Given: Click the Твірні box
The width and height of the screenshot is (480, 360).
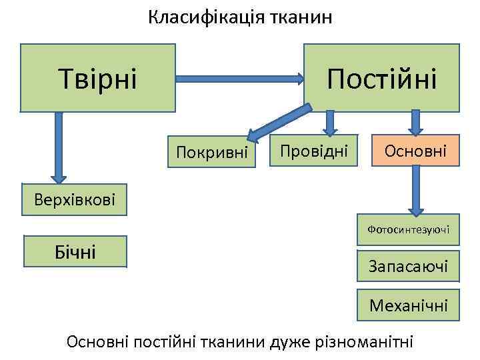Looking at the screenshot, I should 97,77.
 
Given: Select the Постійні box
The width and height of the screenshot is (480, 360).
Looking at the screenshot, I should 382,77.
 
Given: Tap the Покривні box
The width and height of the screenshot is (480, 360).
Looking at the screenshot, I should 211,153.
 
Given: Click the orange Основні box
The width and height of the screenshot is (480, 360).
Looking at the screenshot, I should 415,151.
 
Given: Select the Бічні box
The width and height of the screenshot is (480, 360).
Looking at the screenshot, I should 75,251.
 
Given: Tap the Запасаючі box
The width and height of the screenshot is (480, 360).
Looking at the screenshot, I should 408,267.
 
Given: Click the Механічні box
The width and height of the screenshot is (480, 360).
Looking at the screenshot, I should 408,305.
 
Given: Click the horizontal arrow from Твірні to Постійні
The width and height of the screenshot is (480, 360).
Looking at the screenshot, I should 240,79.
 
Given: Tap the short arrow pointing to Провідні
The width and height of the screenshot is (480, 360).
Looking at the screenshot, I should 329,123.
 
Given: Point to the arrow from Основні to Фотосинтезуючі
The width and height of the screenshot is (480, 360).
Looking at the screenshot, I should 417,190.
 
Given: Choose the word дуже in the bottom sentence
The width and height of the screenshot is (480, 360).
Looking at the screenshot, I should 287,342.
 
